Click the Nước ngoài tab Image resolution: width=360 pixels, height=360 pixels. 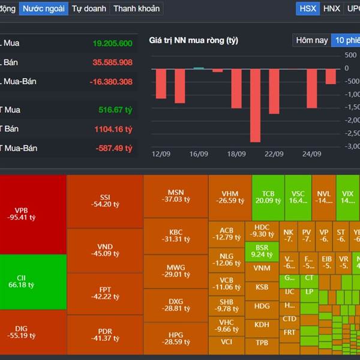(43, 8)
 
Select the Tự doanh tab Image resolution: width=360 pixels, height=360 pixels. (89, 8)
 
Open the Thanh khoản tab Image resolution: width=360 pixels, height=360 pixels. (136, 8)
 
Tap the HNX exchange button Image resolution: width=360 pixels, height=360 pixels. (331, 8)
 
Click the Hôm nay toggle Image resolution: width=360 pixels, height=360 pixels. (312, 40)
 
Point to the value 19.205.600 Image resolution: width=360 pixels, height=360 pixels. (112, 43)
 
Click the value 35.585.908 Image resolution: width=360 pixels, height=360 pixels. (112, 62)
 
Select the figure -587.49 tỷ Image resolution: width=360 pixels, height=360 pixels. (114, 148)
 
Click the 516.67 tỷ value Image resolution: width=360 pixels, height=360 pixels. (115, 110)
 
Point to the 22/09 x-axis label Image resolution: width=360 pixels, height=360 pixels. (273, 154)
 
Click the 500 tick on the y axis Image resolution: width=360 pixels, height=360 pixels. (350, 55)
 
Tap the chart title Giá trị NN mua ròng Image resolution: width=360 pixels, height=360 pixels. (193, 40)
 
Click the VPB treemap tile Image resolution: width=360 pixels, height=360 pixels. (25, 214)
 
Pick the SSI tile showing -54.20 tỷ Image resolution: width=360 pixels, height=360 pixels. (104, 200)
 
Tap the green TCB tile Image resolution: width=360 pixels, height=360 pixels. (268, 197)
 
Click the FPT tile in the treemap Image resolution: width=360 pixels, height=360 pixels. (104, 292)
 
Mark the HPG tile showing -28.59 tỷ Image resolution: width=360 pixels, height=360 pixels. (176, 337)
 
